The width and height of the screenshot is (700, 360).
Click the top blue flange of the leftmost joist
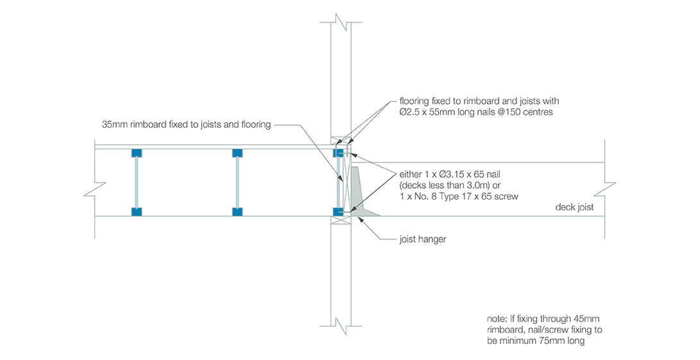(136, 153)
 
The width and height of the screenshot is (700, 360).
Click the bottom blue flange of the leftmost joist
(136, 211)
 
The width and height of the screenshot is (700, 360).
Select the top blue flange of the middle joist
(237, 153)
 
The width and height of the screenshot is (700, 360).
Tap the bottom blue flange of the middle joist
(237, 211)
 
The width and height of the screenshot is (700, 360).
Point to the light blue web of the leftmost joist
(136, 182)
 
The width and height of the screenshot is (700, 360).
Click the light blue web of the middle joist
(237, 182)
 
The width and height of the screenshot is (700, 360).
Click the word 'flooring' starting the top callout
(414, 101)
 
